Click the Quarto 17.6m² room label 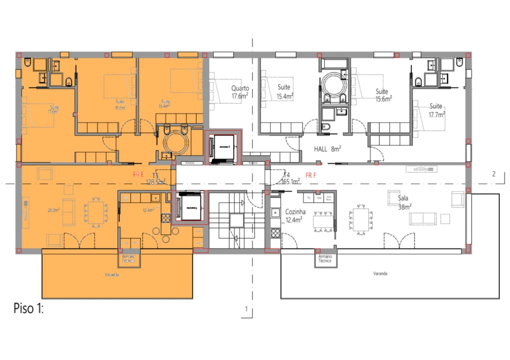(x=240, y=91)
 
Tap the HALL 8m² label (x=327, y=149)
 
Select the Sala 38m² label (x=404, y=202)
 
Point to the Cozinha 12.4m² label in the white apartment (x=295, y=216)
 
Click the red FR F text (x=311, y=175)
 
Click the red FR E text (x=138, y=175)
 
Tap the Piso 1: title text (x=29, y=309)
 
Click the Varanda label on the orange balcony (x=112, y=274)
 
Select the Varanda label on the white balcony (x=381, y=274)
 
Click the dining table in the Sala (x=360, y=220)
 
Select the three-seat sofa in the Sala (x=423, y=218)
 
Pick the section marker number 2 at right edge (x=493, y=174)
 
